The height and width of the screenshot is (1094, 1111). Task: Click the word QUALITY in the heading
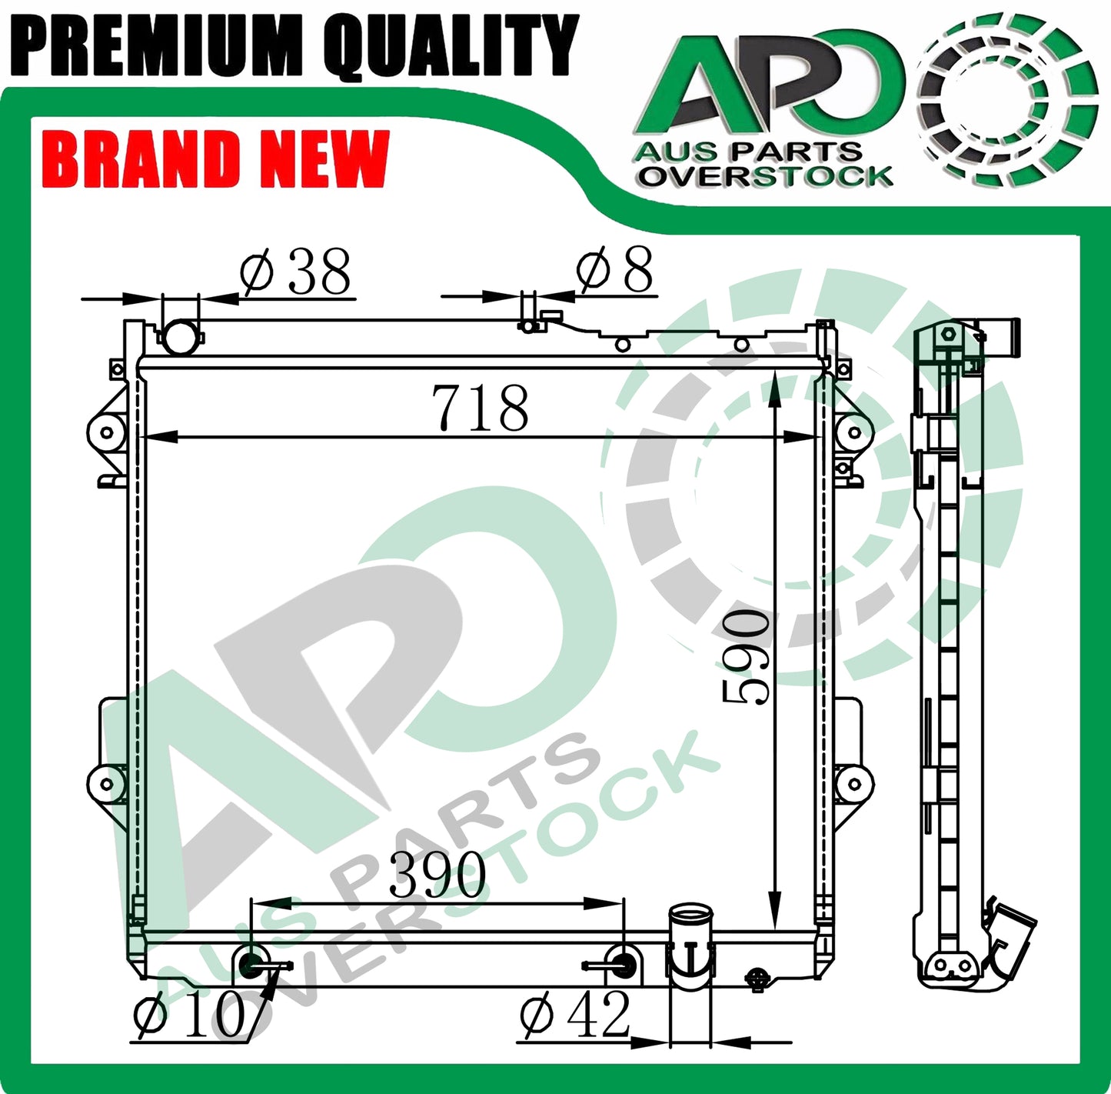pos(451,46)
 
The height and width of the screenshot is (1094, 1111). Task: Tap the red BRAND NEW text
pos(215,158)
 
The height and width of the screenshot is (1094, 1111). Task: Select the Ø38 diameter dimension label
pos(294,271)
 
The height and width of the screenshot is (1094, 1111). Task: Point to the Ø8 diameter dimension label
pos(614,268)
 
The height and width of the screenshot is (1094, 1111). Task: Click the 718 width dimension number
pos(480,408)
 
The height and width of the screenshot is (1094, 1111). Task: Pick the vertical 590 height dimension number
pos(745,658)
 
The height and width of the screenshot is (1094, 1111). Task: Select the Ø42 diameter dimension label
pos(574,1015)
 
